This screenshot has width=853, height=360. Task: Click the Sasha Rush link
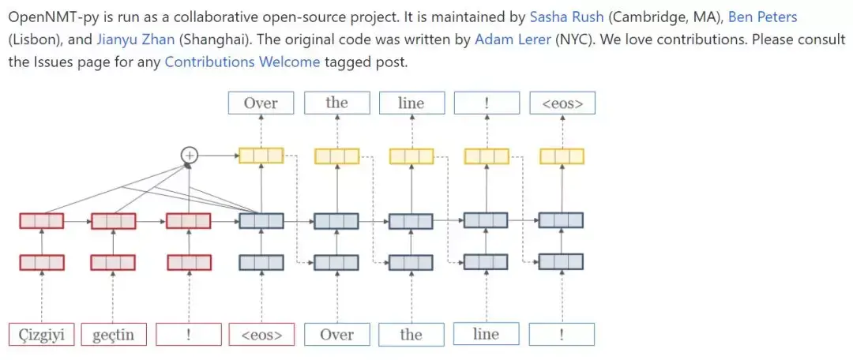click(567, 17)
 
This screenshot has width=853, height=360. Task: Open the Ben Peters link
click(763, 17)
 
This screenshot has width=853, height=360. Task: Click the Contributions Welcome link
click(242, 62)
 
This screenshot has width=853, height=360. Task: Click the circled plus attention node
click(189, 156)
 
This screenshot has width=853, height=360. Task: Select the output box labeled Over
click(261, 103)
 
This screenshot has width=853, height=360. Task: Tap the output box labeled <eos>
click(562, 103)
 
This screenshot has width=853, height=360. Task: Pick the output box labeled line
click(411, 103)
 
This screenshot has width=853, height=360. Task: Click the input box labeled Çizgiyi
click(41, 335)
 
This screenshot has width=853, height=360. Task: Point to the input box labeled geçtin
click(113, 335)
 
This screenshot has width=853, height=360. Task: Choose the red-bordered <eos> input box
click(261, 335)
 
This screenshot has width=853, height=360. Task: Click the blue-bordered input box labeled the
click(411, 335)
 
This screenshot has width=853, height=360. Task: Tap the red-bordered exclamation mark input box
click(188, 335)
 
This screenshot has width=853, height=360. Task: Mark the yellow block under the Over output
click(261, 156)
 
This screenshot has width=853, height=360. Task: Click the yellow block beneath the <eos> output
click(562, 156)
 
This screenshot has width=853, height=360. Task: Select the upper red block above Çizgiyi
click(41, 221)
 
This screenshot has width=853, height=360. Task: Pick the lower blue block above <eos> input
click(261, 262)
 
